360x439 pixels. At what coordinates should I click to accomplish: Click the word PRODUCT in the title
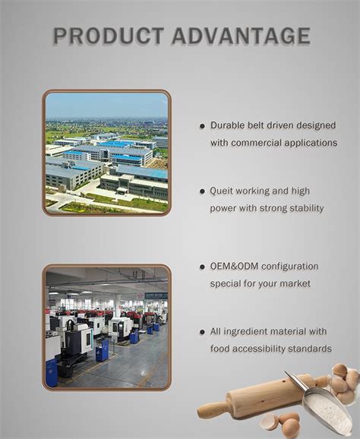109,36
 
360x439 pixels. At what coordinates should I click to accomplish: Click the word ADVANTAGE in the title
241,36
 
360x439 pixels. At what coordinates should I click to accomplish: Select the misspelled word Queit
222,191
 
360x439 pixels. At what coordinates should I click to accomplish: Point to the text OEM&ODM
235,267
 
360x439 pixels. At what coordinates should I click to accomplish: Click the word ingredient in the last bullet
246,332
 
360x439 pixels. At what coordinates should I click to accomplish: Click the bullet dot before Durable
202,126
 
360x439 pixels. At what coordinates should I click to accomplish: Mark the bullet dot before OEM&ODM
202,267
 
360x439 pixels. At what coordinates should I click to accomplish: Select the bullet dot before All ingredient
202,333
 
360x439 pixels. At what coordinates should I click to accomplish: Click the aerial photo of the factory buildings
106,153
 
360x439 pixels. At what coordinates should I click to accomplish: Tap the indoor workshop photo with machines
106,327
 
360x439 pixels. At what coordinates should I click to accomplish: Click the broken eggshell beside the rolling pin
269,422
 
